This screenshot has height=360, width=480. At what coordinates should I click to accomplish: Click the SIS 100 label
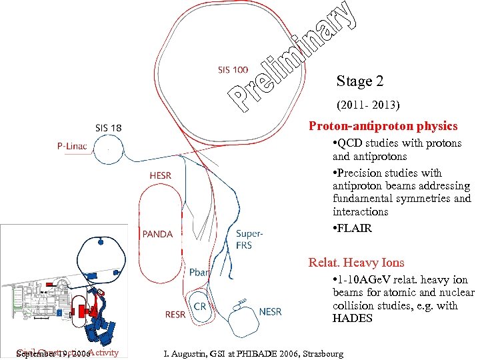233,69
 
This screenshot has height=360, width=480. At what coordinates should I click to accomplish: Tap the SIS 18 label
108,127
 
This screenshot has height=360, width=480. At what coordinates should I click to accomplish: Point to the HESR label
160,175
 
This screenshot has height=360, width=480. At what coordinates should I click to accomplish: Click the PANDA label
157,234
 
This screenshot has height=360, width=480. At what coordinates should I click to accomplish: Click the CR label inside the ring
199,306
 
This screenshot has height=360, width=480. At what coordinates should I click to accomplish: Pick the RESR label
175,314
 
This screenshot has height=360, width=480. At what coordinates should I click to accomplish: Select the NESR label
270,311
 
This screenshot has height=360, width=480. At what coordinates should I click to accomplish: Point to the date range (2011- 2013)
369,105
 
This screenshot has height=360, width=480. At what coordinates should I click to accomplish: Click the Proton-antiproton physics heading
383,126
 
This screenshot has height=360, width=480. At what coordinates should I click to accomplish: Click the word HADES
352,318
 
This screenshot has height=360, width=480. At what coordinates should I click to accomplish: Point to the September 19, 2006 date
54,353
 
